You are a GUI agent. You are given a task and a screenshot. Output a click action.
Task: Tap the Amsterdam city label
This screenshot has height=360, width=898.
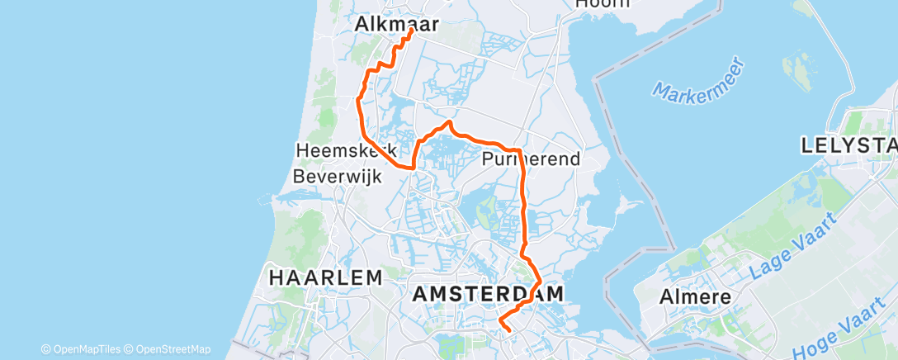pyautogui.click(x=488, y=293)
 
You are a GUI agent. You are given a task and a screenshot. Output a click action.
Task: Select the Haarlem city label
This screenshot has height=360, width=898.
pyautogui.click(x=325, y=277)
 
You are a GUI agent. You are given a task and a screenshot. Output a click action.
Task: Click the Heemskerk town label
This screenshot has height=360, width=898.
pyautogui.click(x=346, y=151)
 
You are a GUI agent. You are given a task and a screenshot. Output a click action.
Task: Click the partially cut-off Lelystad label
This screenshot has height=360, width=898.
pyautogui.click(x=848, y=146)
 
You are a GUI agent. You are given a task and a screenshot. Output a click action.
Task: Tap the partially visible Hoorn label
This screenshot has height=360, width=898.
pyautogui.click(x=602, y=4)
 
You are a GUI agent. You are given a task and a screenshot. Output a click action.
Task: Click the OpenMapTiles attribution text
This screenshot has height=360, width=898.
pyautogui.click(x=86, y=349)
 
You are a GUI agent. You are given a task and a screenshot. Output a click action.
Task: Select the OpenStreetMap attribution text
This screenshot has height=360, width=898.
pyautogui.click(x=173, y=349)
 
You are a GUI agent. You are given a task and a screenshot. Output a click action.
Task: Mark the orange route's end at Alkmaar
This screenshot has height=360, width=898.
pyautogui.click(x=411, y=31)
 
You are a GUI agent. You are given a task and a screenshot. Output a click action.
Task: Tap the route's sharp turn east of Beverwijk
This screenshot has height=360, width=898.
pyautogui.click(x=413, y=167)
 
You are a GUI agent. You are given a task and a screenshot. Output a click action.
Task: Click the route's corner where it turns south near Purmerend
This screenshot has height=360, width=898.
pyautogui.click(x=519, y=151)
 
